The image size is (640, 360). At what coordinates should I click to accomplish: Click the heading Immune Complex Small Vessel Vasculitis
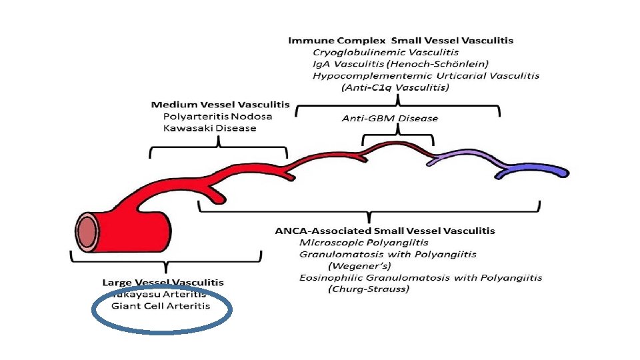[401, 41]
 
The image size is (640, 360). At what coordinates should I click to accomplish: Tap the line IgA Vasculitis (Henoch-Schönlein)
[401, 64]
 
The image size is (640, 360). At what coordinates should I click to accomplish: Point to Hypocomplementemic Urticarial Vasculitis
[426, 75]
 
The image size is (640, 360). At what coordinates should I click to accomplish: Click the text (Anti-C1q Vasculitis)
[395, 87]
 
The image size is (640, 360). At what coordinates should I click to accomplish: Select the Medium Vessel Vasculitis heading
[220, 105]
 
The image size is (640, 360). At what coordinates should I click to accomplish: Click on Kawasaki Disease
[209, 128]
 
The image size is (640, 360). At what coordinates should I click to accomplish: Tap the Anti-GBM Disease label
[390, 119]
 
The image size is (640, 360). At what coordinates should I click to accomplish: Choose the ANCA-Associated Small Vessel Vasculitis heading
[385, 231]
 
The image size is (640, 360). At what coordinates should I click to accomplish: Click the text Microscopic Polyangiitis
[363, 243]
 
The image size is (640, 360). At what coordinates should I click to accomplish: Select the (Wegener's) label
[361, 266]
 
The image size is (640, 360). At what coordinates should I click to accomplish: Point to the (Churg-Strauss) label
[369, 289]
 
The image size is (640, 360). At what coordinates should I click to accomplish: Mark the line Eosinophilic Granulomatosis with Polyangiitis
[421, 277]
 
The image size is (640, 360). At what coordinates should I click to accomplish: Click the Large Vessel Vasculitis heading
[163, 283]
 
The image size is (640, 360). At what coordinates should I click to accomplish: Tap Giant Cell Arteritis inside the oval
[161, 306]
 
